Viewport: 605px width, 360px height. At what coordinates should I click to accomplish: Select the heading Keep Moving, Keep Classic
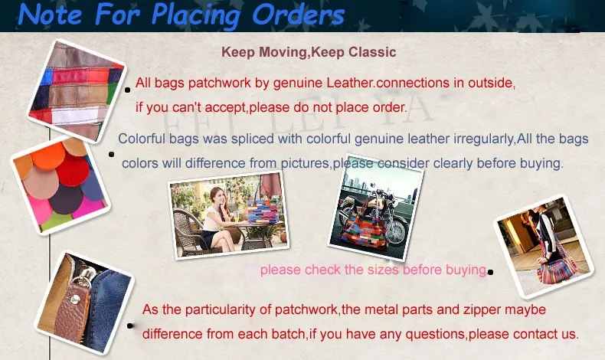click(x=309, y=53)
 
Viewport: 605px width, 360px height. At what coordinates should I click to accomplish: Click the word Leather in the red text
click(x=351, y=83)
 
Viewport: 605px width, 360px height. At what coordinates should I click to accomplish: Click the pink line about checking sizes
click(x=373, y=270)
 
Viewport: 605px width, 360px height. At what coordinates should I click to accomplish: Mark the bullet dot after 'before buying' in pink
click(x=490, y=272)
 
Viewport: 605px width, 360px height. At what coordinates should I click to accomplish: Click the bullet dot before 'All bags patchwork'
click(x=128, y=90)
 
